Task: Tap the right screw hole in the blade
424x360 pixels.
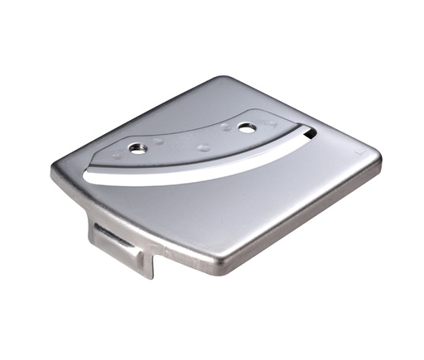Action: (x=246, y=127)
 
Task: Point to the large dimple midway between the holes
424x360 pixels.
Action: (x=202, y=147)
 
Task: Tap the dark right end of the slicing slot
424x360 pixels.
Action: (x=308, y=132)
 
